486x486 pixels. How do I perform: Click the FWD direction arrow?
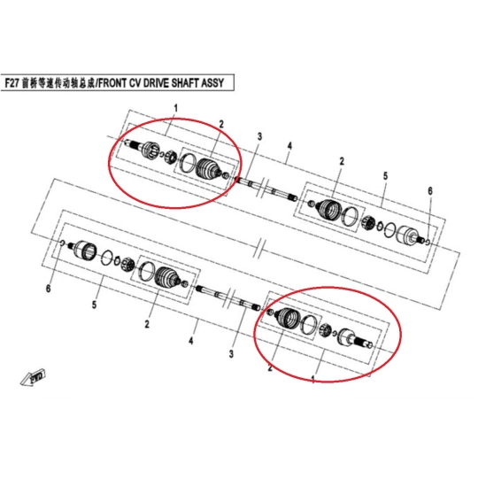[x=34, y=377]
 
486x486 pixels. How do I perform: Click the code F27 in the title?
[x=12, y=83]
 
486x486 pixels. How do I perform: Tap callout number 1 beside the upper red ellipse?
[x=176, y=109]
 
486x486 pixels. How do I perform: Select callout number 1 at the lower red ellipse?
[x=313, y=379]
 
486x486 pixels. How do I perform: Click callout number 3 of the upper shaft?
[x=259, y=136]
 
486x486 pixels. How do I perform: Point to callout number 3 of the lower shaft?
[x=231, y=353]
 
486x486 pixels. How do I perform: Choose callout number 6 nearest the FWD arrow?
[x=48, y=289]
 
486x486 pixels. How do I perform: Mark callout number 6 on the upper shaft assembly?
[x=430, y=191]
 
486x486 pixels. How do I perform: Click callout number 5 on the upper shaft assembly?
[x=385, y=176]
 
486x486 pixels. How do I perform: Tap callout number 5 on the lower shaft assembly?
[x=94, y=305]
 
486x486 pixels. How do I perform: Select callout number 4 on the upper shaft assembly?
[x=289, y=146]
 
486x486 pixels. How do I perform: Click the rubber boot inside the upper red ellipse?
[x=208, y=169]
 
